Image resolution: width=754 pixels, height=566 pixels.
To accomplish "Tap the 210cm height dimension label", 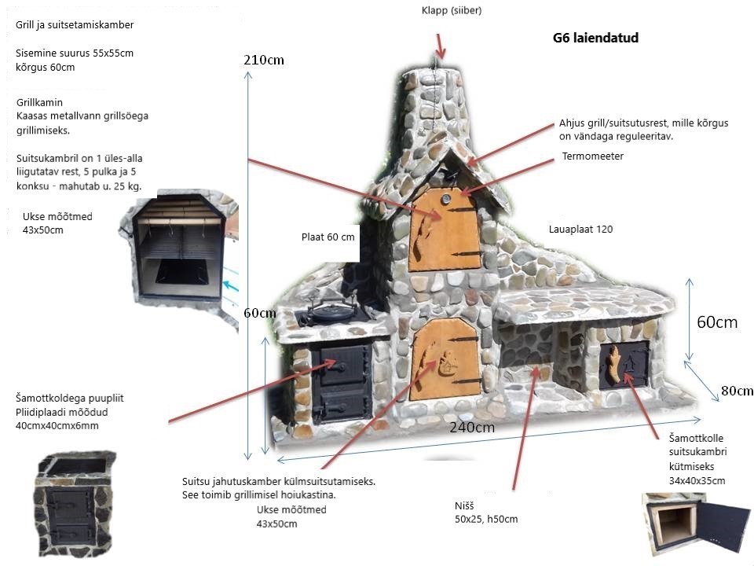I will (264, 60).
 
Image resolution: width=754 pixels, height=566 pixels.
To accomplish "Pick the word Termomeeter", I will (592, 156).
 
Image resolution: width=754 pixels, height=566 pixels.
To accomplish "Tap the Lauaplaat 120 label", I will (580, 230).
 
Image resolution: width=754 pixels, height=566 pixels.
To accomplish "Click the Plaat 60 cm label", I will (328, 237).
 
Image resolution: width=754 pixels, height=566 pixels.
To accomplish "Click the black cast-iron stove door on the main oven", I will (342, 381).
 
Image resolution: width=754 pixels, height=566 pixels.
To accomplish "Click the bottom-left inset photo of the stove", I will (76, 503).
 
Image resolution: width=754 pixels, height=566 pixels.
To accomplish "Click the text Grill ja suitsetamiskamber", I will (75, 24).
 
